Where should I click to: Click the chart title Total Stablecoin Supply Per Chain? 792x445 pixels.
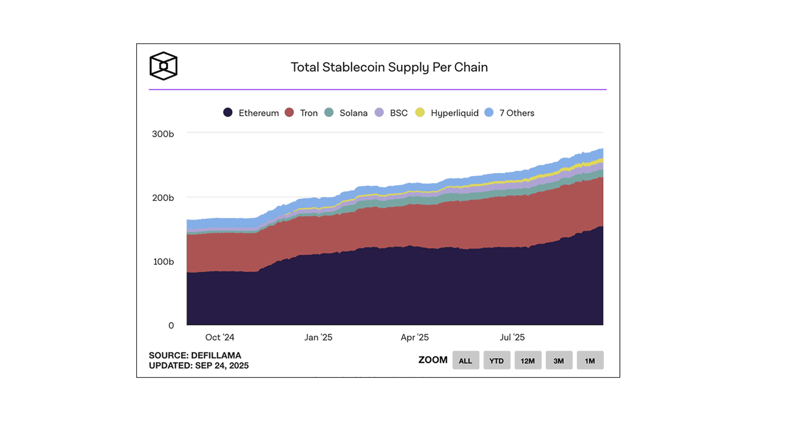pyautogui.click(x=389, y=67)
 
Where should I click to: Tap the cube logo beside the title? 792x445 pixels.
pyautogui.click(x=163, y=66)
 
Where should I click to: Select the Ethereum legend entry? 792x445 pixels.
pyautogui.click(x=251, y=113)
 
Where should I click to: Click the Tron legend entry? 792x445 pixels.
pyautogui.click(x=302, y=113)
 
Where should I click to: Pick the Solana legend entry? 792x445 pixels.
pyautogui.click(x=346, y=113)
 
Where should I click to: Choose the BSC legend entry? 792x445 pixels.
pyautogui.click(x=392, y=113)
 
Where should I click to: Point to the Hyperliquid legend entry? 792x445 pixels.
pyautogui.click(x=447, y=113)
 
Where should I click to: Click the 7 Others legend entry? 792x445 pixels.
pyautogui.click(x=510, y=113)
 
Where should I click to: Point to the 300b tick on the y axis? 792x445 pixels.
pyautogui.click(x=163, y=134)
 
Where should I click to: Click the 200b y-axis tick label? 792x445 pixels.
pyautogui.click(x=163, y=198)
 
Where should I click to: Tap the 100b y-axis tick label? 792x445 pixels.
pyautogui.click(x=164, y=262)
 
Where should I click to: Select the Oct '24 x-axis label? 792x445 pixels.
pyautogui.click(x=220, y=338)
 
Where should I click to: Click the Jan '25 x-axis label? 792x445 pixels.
pyautogui.click(x=318, y=338)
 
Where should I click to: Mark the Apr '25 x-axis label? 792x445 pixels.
pyautogui.click(x=415, y=338)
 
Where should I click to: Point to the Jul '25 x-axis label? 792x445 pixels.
pyautogui.click(x=512, y=338)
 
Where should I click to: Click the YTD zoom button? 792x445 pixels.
pyautogui.click(x=496, y=361)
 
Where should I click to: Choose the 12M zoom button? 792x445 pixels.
pyautogui.click(x=528, y=361)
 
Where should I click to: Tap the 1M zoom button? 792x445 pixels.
pyautogui.click(x=590, y=361)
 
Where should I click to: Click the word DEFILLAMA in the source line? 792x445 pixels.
pyautogui.click(x=216, y=355)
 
